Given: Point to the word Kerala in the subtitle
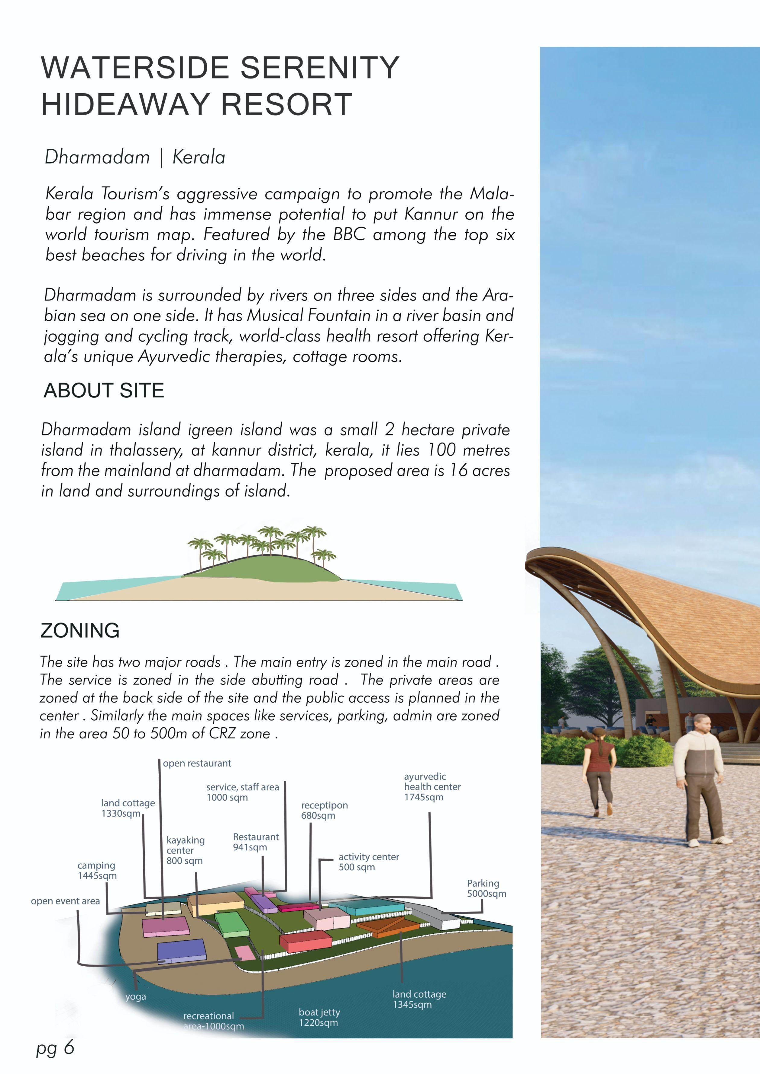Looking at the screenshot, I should [x=199, y=157].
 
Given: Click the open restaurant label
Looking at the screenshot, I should [x=197, y=764].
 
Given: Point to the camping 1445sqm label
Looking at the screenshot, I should [x=97, y=870].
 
